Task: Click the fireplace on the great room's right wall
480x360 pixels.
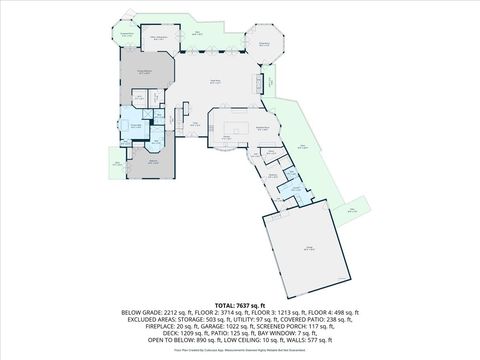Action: point(265,82)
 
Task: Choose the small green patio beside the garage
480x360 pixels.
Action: point(352,210)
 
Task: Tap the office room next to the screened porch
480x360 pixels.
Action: point(158,39)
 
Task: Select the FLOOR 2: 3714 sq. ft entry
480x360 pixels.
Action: point(223,311)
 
